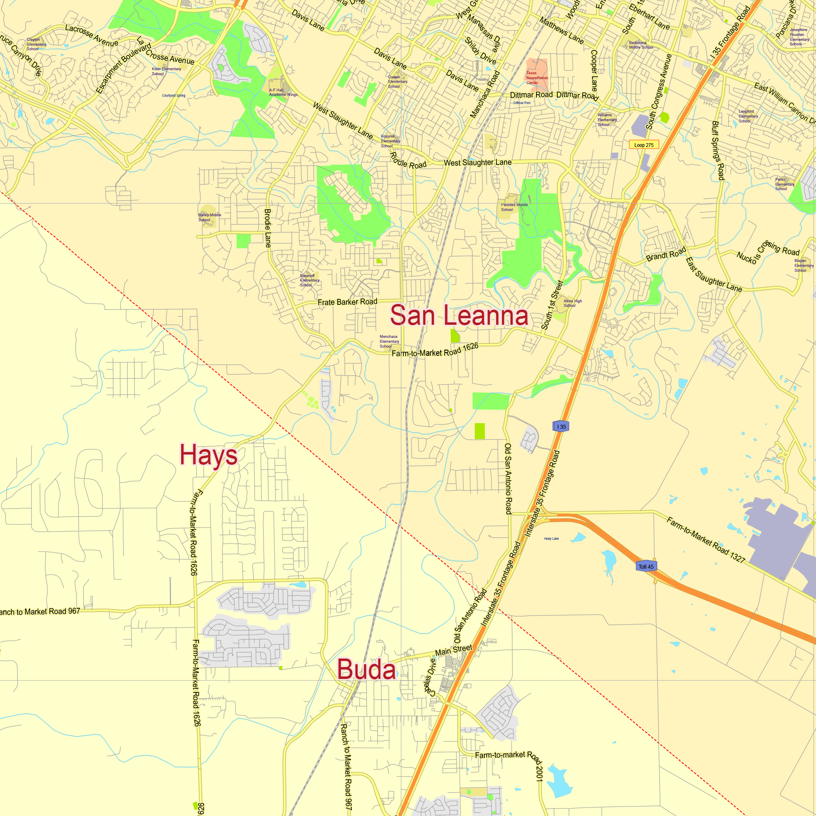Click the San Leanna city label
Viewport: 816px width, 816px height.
[459, 315]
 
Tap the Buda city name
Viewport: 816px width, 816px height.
[367, 670]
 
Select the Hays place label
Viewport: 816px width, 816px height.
[208, 455]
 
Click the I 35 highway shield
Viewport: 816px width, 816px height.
[561, 427]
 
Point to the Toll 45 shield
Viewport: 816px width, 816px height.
[646, 566]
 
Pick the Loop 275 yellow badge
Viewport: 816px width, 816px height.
[644, 145]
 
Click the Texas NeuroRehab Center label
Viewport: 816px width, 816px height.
[537, 78]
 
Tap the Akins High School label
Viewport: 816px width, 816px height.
[572, 303]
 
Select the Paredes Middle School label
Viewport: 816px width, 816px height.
[514, 207]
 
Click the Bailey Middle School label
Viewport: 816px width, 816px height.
[209, 217]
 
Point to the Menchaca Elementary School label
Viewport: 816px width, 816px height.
[388, 341]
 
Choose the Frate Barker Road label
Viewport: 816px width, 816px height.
[347, 302]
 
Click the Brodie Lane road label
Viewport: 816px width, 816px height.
[268, 228]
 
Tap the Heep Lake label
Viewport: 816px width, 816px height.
[551, 539]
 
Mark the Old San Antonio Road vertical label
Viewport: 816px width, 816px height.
[508, 479]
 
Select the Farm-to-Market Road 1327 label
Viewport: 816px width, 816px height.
[706, 539]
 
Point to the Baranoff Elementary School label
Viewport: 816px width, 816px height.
[309, 280]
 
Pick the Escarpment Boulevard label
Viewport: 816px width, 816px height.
[123, 68]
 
